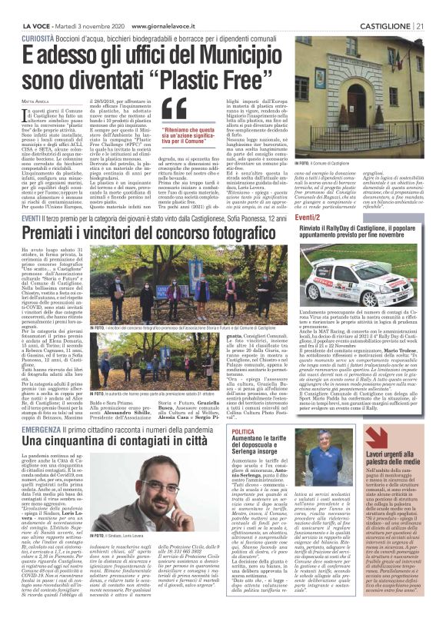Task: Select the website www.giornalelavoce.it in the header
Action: pos(164,6)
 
